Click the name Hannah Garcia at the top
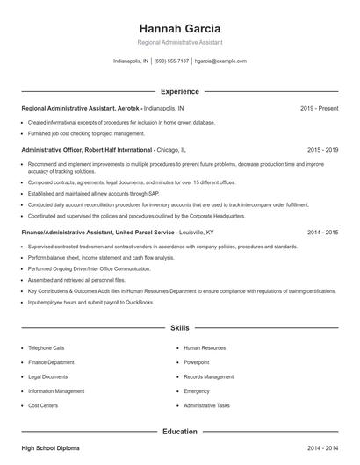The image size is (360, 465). pyautogui.click(x=180, y=28)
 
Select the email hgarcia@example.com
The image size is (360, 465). pyautogui.click(x=220, y=61)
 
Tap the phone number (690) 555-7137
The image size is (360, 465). pyautogui.click(x=171, y=61)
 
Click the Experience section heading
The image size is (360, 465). pyautogui.click(x=180, y=91)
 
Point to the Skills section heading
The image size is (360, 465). pyautogui.click(x=180, y=327)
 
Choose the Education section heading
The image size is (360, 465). pyautogui.click(x=180, y=431)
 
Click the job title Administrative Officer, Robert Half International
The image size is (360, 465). pyautogui.click(x=86, y=150)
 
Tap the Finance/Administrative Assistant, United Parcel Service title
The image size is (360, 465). pyautogui.click(x=99, y=232)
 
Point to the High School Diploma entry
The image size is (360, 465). pyautogui.click(x=50, y=448)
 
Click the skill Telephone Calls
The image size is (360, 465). pyautogui.click(x=47, y=348)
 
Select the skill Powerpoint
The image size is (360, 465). pyautogui.click(x=197, y=362)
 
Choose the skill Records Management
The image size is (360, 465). pyautogui.click(x=209, y=377)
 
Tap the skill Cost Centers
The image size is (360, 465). pyautogui.click(x=43, y=406)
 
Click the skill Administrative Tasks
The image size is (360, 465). pyautogui.click(x=206, y=406)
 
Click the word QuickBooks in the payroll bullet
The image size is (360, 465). pyautogui.click(x=138, y=302)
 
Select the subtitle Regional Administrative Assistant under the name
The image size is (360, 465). pyautogui.click(x=180, y=42)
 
